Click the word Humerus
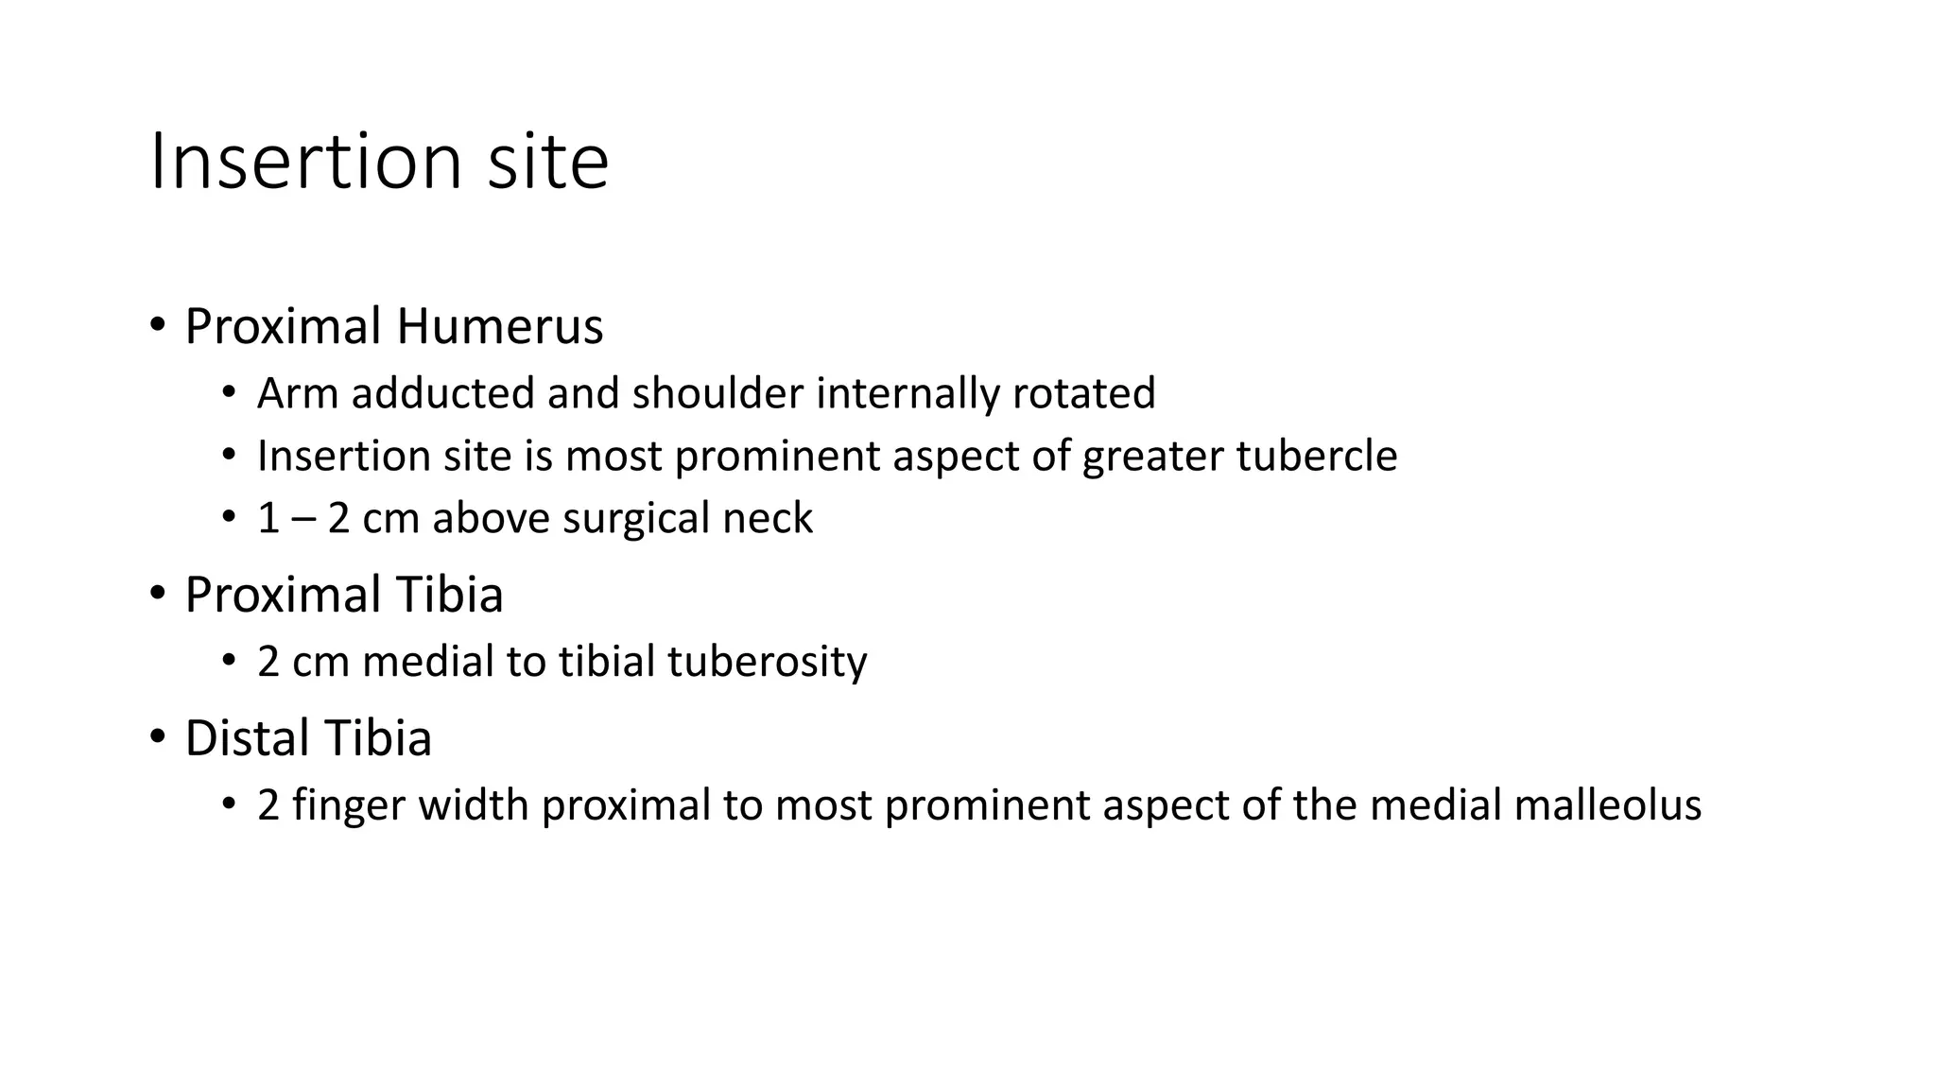click(x=499, y=327)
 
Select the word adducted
click(x=443, y=393)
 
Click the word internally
click(x=907, y=393)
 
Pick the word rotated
click(x=1083, y=393)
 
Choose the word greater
click(x=1153, y=457)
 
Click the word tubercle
click(x=1317, y=456)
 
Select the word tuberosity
click(x=767, y=662)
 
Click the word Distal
click(x=248, y=738)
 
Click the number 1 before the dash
click(x=268, y=519)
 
